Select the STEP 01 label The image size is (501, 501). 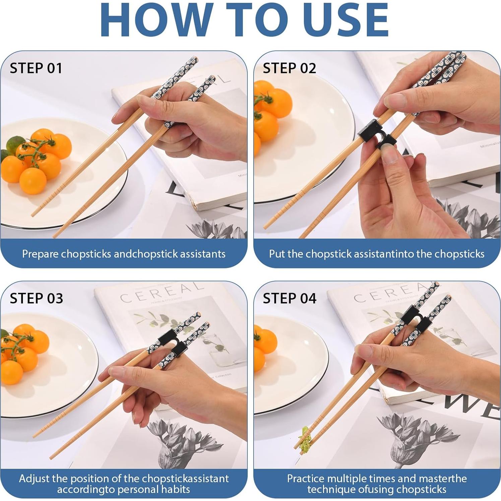(x=36, y=68)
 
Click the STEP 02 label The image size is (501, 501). (x=290, y=68)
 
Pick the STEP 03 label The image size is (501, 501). (x=37, y=298)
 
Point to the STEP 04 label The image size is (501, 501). (x=290, y=298)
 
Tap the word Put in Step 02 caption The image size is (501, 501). (x=277, y=254)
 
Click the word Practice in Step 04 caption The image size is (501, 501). (x=306, y=478)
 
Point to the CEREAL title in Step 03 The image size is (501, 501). (x=162, y=291)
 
